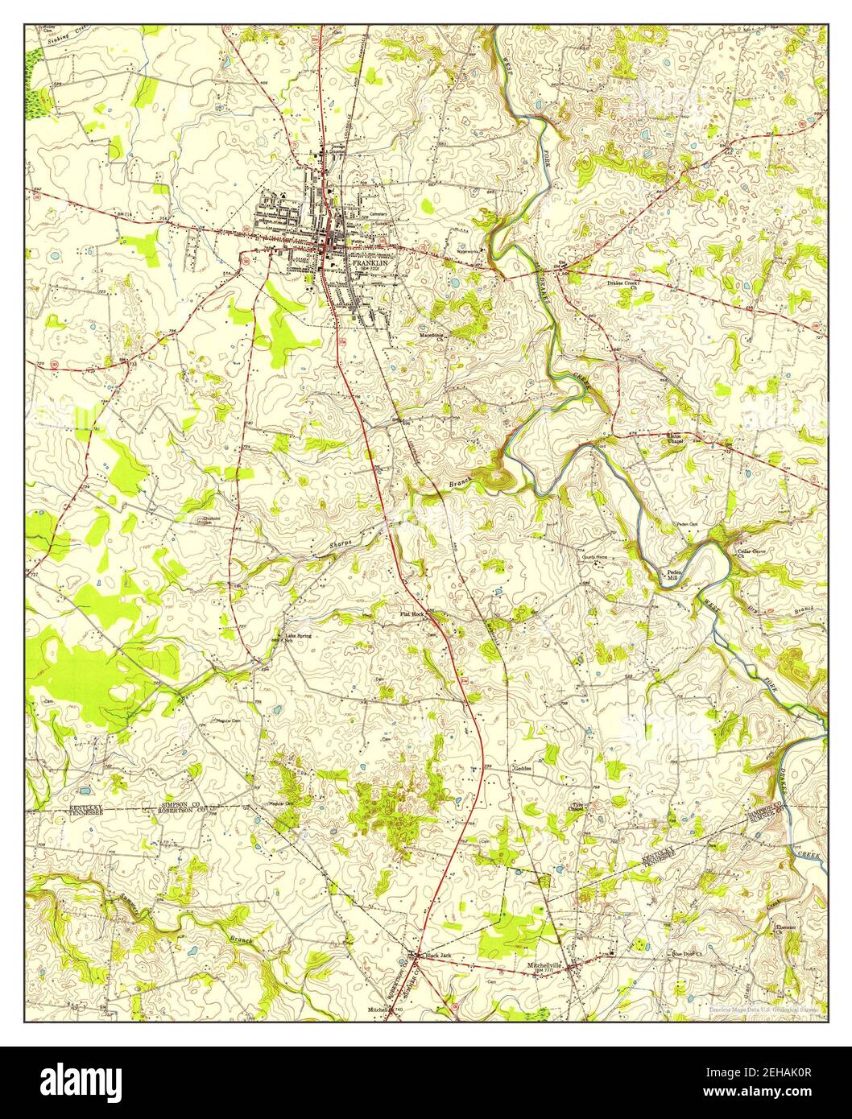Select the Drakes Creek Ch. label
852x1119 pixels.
pyautogui.click(x=622, y=285)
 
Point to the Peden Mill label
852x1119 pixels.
pyautogui.click(x=672, y=575)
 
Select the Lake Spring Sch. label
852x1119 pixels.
pyautogui.click(x=298, y=638)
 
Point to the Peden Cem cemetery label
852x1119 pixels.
pyautogui.click(x=686, y=524)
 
